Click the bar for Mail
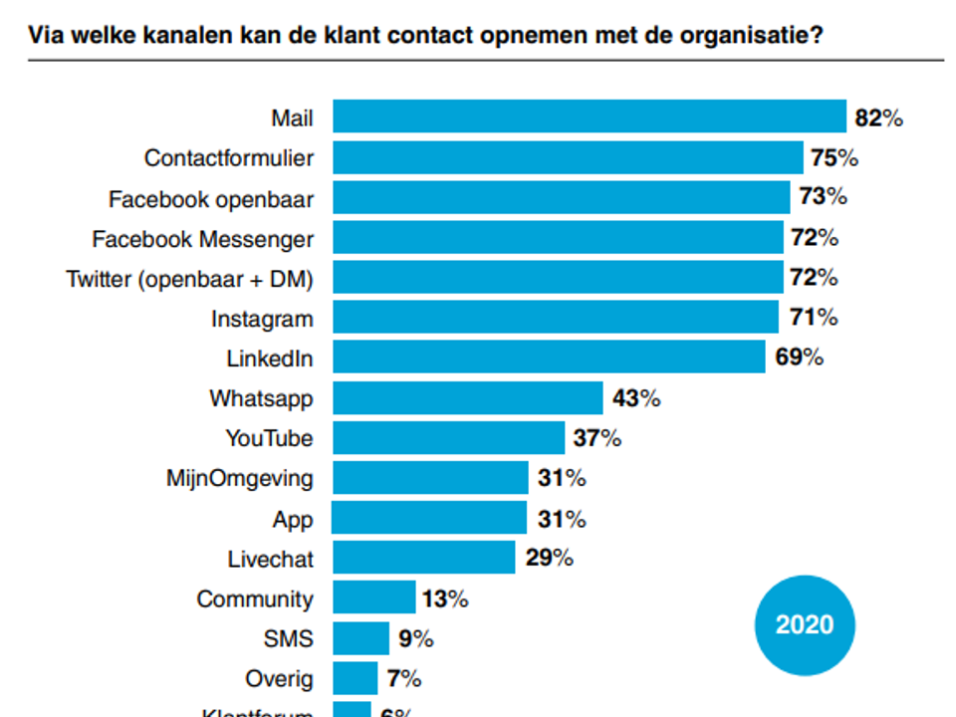pyautogui.click(x=589, y=118)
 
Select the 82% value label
pyautogui.click(x=878, y=119)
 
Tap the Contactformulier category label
pyautogui.click(x=228, y=158)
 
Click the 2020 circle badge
pyautogui.click(x=805, y=624)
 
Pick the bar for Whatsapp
pyautogui.click(x=467, y=398)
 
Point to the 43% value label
pyautogui.click(x=635, y=398)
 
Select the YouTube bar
pyautogui.click(x=448, y=438)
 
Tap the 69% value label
pyautogui.click(x=799, y=358)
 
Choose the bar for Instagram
pyautogui.click(x=555, y=318)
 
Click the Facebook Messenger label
pyautogui.click(x=202, y=239)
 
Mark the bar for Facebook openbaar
pyautogui.click(x=561, y=197)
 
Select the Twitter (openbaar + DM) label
pyautogui.click(x=189, y=280)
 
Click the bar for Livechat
pyautogui.click(x=423, y=558)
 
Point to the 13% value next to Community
pyautogui.click(x=443, y=598)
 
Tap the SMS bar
pyautogui.click(x=360, y=638)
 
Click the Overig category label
pyautogui.click(x=279, y=679)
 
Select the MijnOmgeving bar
pyautogui.click(x=429, y=478)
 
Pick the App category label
pyautogui.click(x=292, y=519)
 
